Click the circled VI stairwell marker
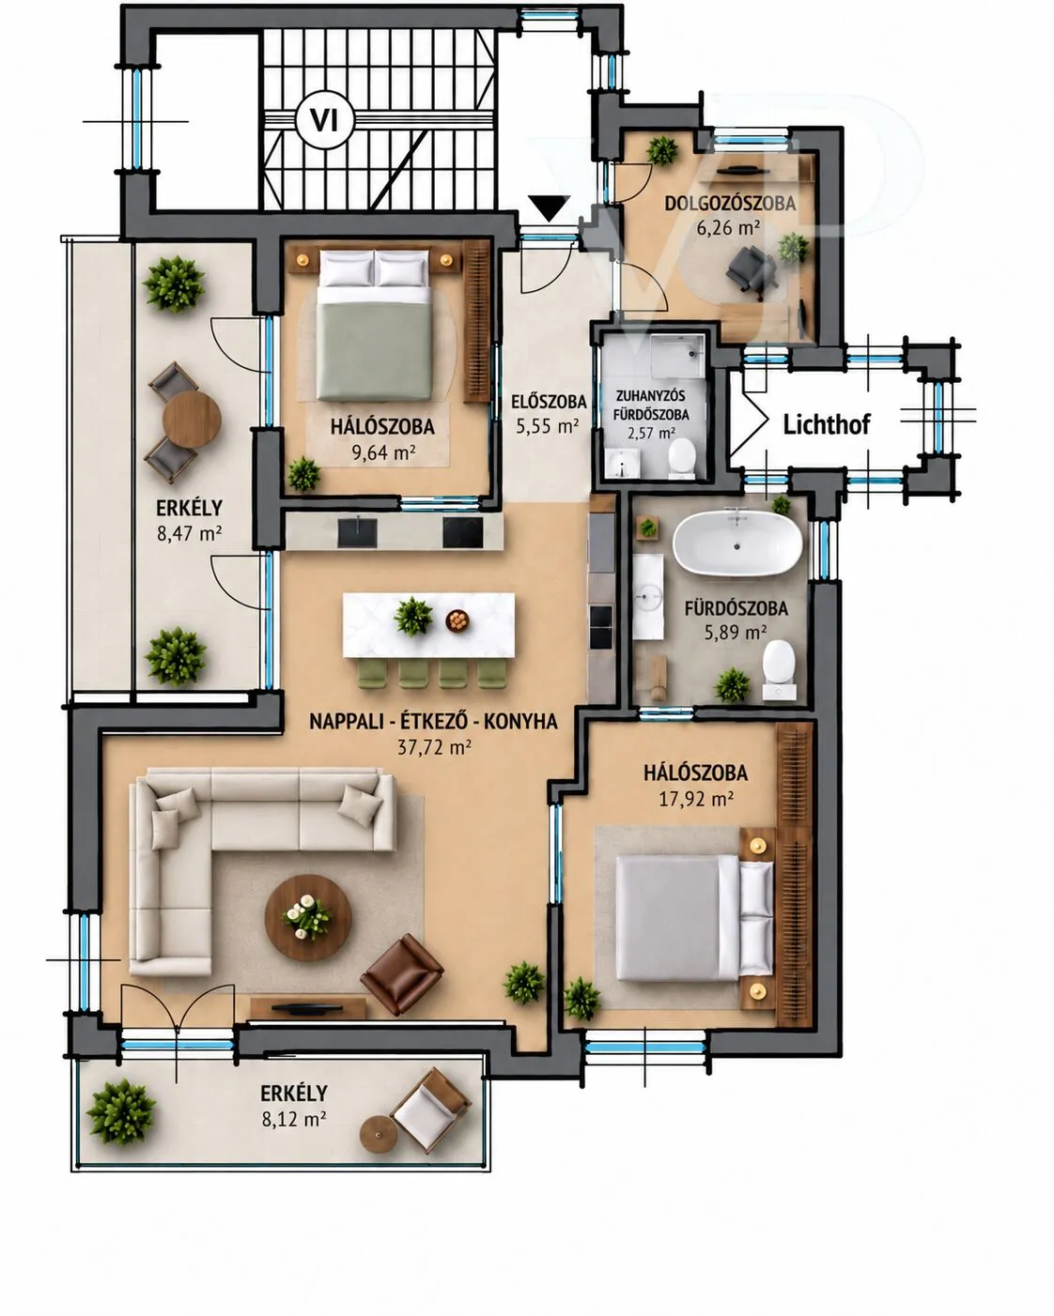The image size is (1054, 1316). [x=324, y=120]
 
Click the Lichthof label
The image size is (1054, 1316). [x=826, y=424]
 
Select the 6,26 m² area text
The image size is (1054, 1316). [x=728, y=228]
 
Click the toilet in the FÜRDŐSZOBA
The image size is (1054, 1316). [x=779, y=669]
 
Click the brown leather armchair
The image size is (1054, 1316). [x=401, y=973]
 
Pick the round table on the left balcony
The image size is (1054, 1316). [x=192, y=421]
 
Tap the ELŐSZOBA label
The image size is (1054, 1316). [x=549, y=402]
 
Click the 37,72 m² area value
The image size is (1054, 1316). [x=434, y=747]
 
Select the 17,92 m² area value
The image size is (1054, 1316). [x=696, y=799]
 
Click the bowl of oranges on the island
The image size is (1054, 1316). [x=457, y=620]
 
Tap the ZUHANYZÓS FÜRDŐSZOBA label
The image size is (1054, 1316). [x=651, y=405]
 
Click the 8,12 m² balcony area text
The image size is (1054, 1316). [x=293, y=1120]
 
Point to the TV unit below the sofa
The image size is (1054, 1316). [x=308, y=1008]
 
